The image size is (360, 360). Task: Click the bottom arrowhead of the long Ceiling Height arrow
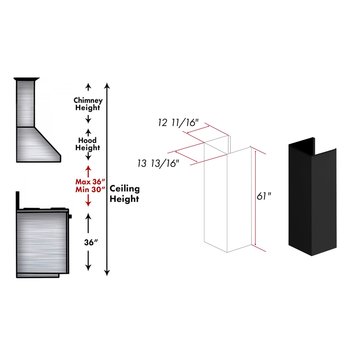click(x=107, y=276)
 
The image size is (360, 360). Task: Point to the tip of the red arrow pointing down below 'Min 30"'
click(x=88, y=207)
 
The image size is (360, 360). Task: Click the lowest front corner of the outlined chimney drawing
click(x=227, y=252)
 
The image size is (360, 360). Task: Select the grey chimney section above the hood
click(x=26, y=104)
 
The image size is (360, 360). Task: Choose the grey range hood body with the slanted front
click(x=39, y=145)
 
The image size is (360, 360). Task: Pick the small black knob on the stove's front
click(x=70, y=216)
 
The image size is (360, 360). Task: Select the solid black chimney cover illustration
click(x=312, y=197)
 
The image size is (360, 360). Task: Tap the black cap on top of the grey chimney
click(x=26, y=79)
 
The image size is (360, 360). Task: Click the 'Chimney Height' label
click(x=88, y=104)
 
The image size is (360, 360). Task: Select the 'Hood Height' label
click(x=87, y=144)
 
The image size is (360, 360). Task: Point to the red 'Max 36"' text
click(x=90, y=181)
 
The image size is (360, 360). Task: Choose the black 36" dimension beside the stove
click(x=91, y=242)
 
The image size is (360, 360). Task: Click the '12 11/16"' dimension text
click(x=178, y=123)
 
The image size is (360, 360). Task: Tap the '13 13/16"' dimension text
click(x=158, y=164)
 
